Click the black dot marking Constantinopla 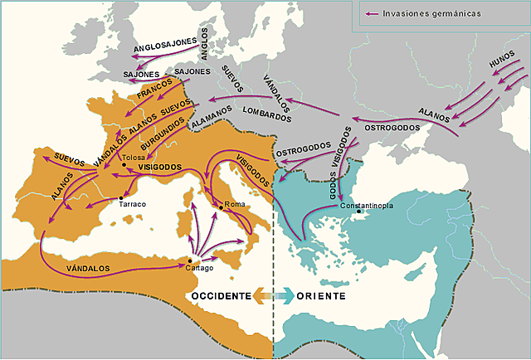358,211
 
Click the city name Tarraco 132,204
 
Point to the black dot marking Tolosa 124,165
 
